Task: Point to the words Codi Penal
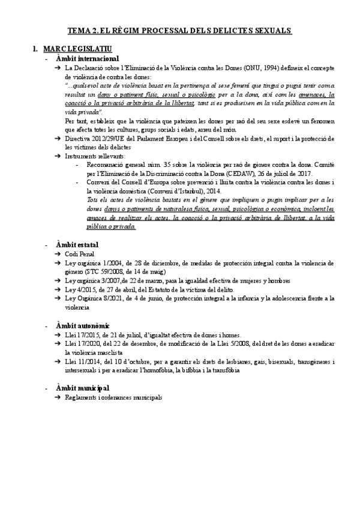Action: pyautogui.click(x=80, y=255)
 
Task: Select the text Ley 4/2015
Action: pyautogui.click(x=80, y=289)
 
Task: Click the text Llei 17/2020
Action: pyautogui.click(x=82, y=344)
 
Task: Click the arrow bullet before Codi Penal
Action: pyautogui.click(x=56, y=255)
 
